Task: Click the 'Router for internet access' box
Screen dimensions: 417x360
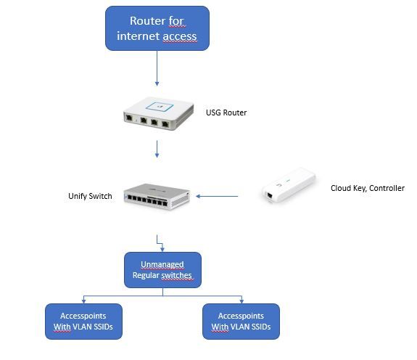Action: pyautogui.click(x=157, y=28)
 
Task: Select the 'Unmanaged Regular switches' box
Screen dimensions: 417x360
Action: pyautogui.click(x=162, y=270)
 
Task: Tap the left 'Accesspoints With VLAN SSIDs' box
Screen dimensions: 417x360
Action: pyautogui.click(x=84, y=322)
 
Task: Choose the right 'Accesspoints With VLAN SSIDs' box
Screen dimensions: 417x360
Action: pyautogui.click(x=241, y=322)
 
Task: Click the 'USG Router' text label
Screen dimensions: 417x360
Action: pyautogui.click(x=226, y=112)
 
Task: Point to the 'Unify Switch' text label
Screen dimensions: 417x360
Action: pyautogui.click(x=90, y=196)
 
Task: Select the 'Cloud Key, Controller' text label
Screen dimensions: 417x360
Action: pyautogui.click(x=368, y=188)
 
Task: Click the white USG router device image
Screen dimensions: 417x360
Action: pyautogui.click(x=159, y=113)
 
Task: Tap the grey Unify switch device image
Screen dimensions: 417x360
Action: pyautogui.click(x=157, y=197)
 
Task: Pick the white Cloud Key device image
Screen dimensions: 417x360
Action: pyautogui.click(x=289, y=185)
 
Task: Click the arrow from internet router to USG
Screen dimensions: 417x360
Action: pyautogui.click(x=157, y=68)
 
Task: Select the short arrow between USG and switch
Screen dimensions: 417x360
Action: pyautogui.click(x=157, y=149)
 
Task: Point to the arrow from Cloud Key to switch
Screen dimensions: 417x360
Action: pyautogui.click(x=217, y=197)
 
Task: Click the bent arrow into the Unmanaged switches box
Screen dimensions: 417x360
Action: pyautogui.click(x=160, y=243)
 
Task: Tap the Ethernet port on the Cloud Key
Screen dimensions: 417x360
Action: pyautogui.click(x=270, y=195)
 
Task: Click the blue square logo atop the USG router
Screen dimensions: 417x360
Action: pyautogui.click(x=160, y=107)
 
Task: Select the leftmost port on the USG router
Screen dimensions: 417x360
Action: pyautogui.click(x=130, y=118)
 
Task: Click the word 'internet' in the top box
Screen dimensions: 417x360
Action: pyautogui.click(x=139, y=36)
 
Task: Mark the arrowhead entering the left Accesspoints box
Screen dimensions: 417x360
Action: pyautogui.click(x=84, y=301)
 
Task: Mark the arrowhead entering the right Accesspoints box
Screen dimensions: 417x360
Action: pyautogui.click(x=241, y=301)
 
